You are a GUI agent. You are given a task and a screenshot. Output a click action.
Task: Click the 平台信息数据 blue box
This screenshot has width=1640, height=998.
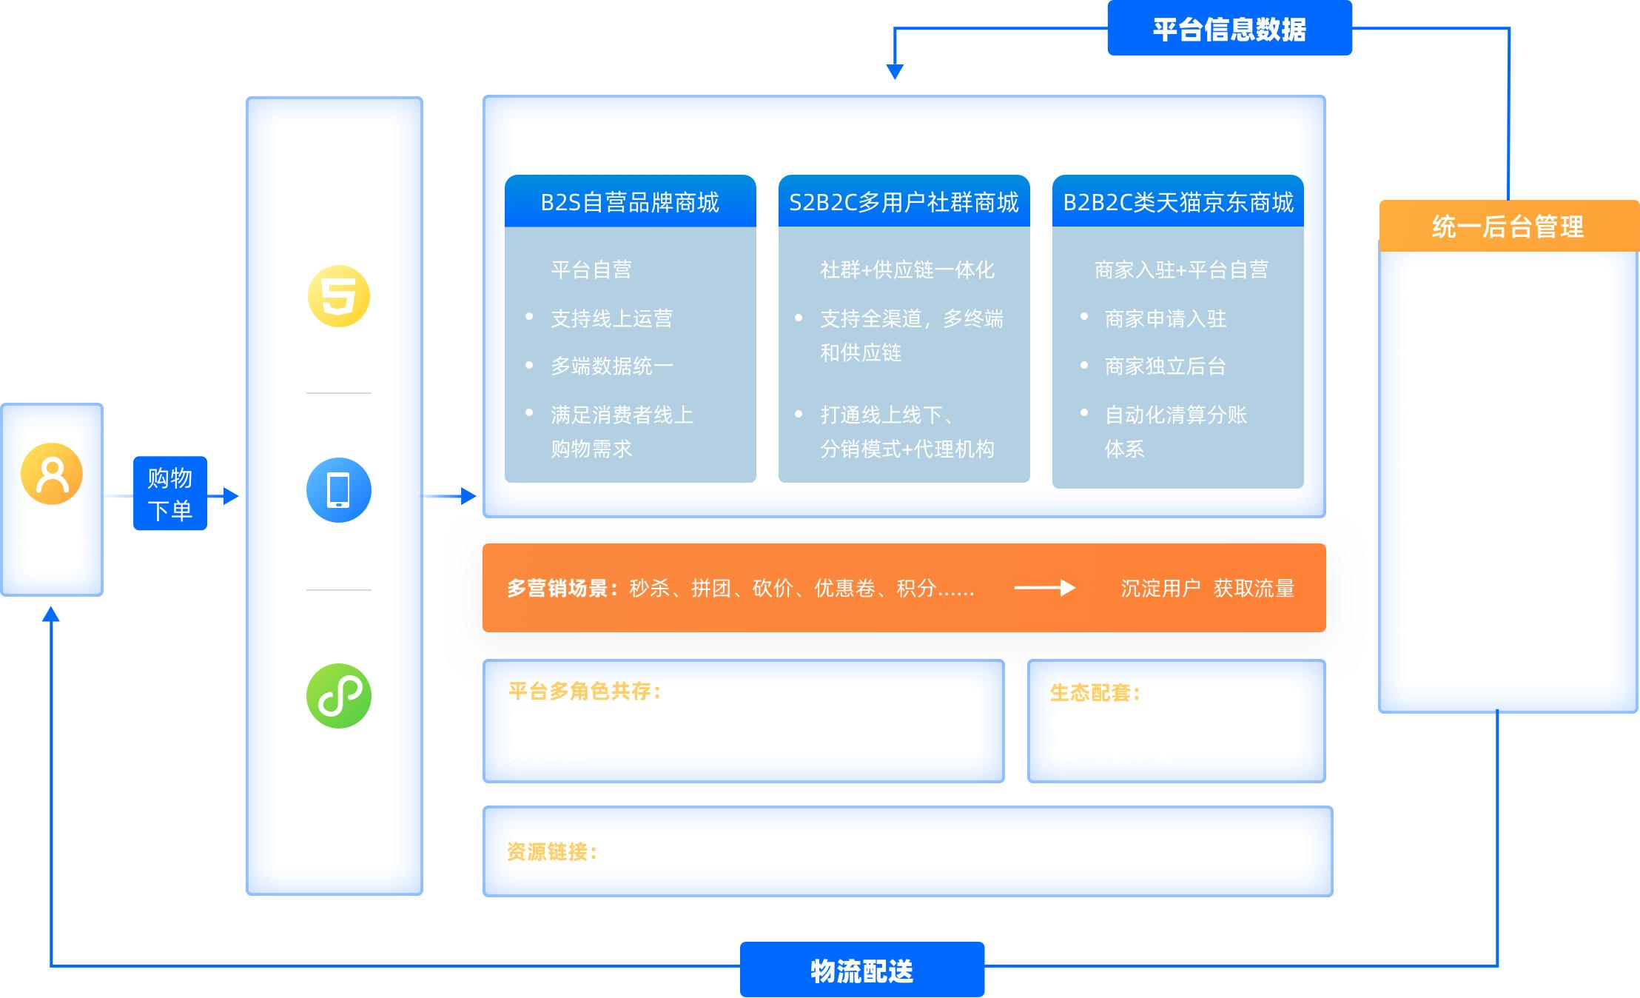click(1229, 29)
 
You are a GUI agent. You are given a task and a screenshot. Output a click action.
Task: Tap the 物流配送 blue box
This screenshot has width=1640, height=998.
click(861, 970)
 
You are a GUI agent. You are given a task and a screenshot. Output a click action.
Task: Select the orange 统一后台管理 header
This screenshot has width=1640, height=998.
click(1508, 227)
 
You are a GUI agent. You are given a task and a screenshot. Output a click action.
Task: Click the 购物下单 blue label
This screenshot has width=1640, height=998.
click(169, 493)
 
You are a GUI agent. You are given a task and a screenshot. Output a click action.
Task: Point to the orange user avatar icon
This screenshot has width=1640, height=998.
click(52, 474)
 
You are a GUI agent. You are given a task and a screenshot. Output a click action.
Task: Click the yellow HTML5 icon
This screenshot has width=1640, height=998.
click(339, 296)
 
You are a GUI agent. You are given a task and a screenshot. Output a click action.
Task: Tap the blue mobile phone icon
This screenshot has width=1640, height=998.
click(339, 490)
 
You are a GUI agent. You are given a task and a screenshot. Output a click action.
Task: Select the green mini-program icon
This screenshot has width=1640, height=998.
click(339, 696)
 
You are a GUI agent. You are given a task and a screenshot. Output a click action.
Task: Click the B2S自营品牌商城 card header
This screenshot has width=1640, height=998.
click(630, 202)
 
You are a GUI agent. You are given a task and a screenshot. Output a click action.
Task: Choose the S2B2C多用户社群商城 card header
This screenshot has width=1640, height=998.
click(904, 202)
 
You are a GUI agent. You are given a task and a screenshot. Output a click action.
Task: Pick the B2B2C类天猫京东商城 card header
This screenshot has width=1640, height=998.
click(1177, 202)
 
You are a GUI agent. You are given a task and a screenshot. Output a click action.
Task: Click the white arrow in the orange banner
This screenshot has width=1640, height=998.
click(1044, 588)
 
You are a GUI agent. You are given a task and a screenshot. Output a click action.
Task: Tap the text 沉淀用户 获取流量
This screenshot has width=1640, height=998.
click(1207, 589)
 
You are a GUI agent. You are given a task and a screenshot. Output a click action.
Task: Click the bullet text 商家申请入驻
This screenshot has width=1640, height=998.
click(1165, 319)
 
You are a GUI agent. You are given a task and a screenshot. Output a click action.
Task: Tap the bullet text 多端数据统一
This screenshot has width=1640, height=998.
click(611, 366)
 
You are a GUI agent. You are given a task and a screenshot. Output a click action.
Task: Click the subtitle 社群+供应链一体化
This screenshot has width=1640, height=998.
click(907, 270)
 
